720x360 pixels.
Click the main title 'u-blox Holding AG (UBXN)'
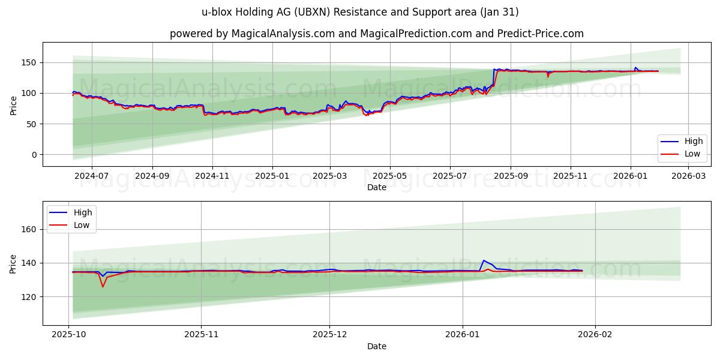coord(360,12)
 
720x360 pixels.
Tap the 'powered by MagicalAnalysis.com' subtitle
coord(376,34)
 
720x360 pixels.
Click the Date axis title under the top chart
coord(376,187)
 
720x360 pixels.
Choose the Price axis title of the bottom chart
coord(13,263)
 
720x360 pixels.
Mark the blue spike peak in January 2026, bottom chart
coord(484,260)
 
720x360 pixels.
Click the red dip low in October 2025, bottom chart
coord(103,287)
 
